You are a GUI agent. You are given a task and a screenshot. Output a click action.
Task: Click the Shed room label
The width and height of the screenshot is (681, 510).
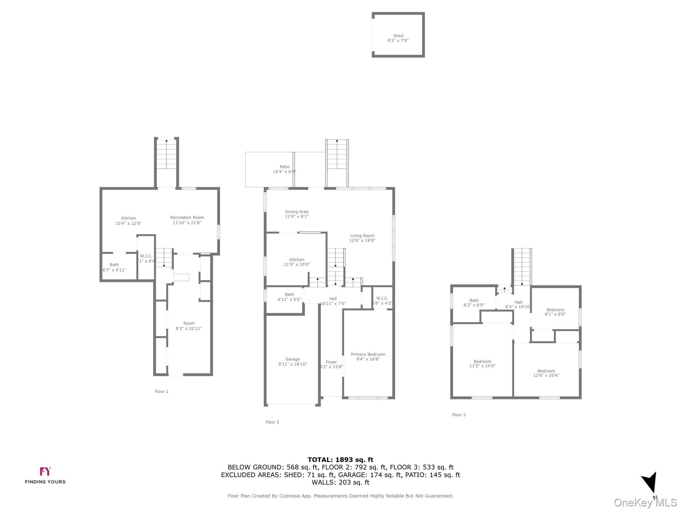click(398, 36)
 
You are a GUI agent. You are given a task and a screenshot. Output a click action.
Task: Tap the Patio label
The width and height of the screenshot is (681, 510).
click(284, 167)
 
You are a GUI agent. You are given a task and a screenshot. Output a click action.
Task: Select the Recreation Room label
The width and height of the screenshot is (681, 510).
click(187, 218)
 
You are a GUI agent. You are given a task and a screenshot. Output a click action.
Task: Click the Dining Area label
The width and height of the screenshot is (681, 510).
click(297, 212)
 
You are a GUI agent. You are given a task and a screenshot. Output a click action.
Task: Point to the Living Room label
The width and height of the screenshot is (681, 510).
click(362, 236)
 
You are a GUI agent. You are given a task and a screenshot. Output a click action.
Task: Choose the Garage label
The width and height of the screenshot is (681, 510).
click(293, 359)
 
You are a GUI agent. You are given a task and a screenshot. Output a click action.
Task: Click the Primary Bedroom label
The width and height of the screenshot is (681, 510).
click(368, 354)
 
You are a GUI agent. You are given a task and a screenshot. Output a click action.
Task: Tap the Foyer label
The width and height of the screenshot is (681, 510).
click(331, 362)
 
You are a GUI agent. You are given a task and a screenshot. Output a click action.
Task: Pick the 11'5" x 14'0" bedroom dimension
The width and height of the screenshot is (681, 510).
click(482, 366)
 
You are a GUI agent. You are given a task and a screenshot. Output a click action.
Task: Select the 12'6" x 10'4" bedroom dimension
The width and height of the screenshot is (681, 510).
click(546, 376)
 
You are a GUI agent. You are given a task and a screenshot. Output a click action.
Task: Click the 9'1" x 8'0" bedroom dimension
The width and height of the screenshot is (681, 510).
click(555, 314)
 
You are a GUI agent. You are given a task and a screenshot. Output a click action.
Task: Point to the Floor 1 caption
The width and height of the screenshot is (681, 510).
click(162, 391)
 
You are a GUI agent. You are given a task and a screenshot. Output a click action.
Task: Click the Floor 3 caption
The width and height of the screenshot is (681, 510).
click(459, 415)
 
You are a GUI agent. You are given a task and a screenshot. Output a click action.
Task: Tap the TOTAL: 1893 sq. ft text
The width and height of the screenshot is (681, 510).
click(340, 460)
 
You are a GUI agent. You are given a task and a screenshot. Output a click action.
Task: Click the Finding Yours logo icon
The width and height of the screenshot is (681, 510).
click(45, 471)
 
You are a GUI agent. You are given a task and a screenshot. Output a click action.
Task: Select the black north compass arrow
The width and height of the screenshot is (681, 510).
click(650, 482)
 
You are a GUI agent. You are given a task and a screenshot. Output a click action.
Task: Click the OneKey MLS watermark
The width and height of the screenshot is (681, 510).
click(645, 503)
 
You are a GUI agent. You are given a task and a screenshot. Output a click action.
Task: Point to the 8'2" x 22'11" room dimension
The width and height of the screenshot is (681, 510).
click(189, 328)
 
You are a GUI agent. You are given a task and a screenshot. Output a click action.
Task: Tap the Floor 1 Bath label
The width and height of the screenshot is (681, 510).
click(114, 265)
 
